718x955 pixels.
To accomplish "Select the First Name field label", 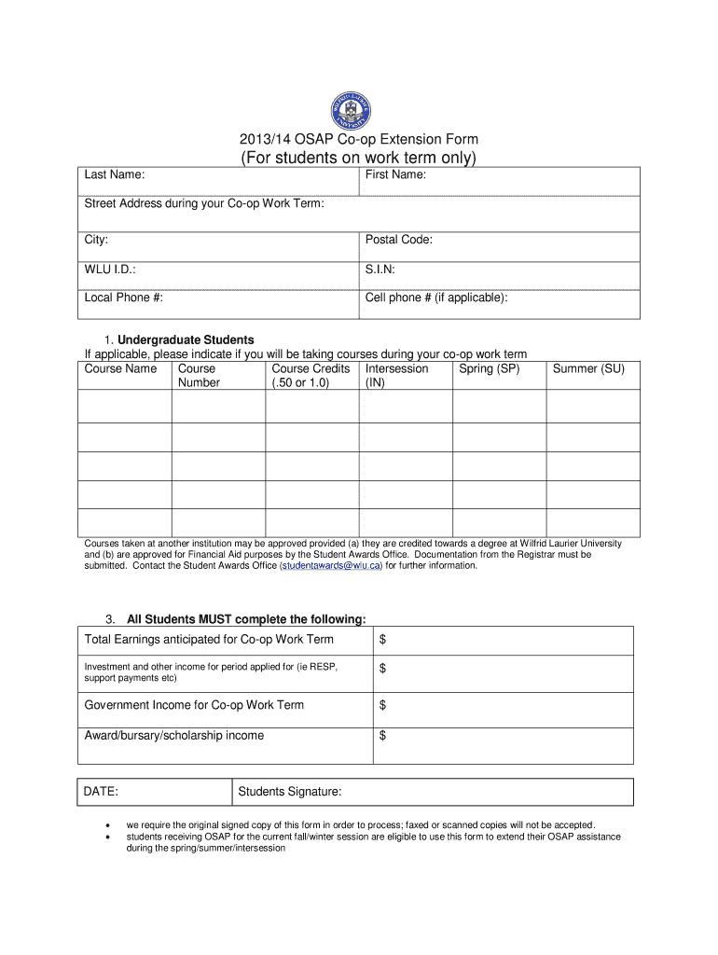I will point(396,174).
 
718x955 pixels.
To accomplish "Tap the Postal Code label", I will point(399,240).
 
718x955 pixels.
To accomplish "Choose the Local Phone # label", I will point(124,298).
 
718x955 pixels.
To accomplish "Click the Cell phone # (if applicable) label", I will point(436,298).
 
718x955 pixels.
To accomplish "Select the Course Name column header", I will point(120,368).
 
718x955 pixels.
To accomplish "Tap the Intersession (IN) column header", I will point(396,375).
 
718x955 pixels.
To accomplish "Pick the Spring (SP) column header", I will point(489,368).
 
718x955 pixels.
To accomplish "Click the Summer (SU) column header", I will point(588,368).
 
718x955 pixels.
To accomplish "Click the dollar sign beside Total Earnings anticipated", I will point(382,640).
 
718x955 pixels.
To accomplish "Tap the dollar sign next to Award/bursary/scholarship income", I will point(382,736).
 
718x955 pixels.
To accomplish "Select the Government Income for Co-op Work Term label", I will point(194,704).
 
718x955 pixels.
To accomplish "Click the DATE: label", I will point(102,792).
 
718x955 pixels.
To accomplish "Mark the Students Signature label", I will point(290,792).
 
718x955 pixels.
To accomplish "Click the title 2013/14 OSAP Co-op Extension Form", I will point(359,139).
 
